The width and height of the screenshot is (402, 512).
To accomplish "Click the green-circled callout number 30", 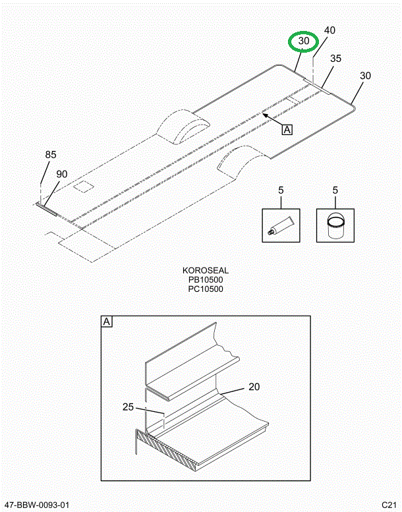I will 304,42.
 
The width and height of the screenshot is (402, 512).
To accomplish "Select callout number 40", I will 330,30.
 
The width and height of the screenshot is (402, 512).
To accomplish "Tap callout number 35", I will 335,59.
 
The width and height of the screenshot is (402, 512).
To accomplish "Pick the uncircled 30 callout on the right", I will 365,76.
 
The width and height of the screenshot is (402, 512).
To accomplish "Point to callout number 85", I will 51,155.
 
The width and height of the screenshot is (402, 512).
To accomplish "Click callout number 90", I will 61,174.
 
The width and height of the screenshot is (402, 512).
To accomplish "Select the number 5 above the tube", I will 280,191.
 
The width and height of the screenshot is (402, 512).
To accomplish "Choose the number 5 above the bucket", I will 335,191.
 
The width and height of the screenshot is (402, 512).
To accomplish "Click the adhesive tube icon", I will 280,226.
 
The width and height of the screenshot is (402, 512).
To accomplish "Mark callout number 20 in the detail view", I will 255,387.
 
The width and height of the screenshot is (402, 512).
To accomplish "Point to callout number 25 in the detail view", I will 129,407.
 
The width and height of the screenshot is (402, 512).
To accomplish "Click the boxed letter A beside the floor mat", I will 287,130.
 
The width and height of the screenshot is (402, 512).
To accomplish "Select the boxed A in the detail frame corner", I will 107,322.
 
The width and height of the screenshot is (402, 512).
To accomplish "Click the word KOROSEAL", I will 206,271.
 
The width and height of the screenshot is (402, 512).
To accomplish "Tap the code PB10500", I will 206,280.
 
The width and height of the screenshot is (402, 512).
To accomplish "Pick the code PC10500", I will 206,289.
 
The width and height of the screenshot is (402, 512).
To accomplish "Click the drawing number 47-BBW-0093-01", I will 37,505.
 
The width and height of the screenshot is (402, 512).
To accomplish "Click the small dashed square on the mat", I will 84,186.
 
